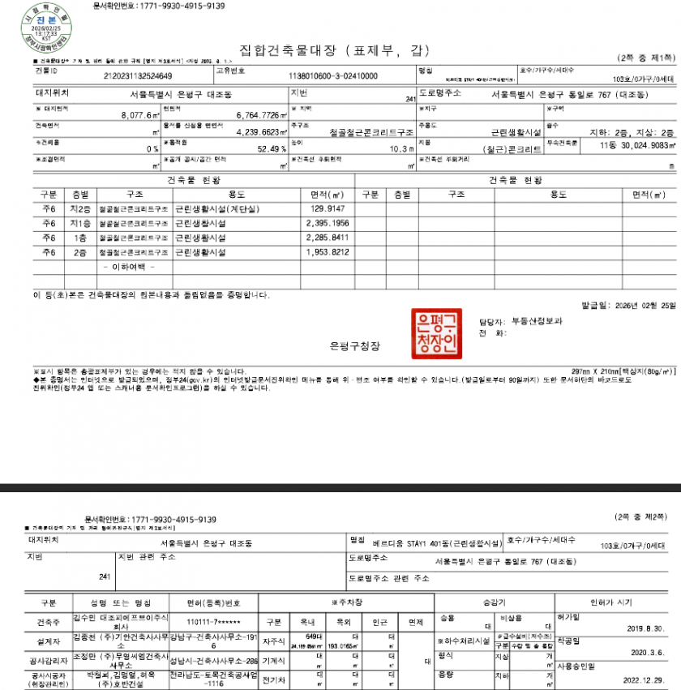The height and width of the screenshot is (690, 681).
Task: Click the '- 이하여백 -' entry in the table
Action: [129, 267]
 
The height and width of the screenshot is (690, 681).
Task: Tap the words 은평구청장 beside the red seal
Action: [354, 346]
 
